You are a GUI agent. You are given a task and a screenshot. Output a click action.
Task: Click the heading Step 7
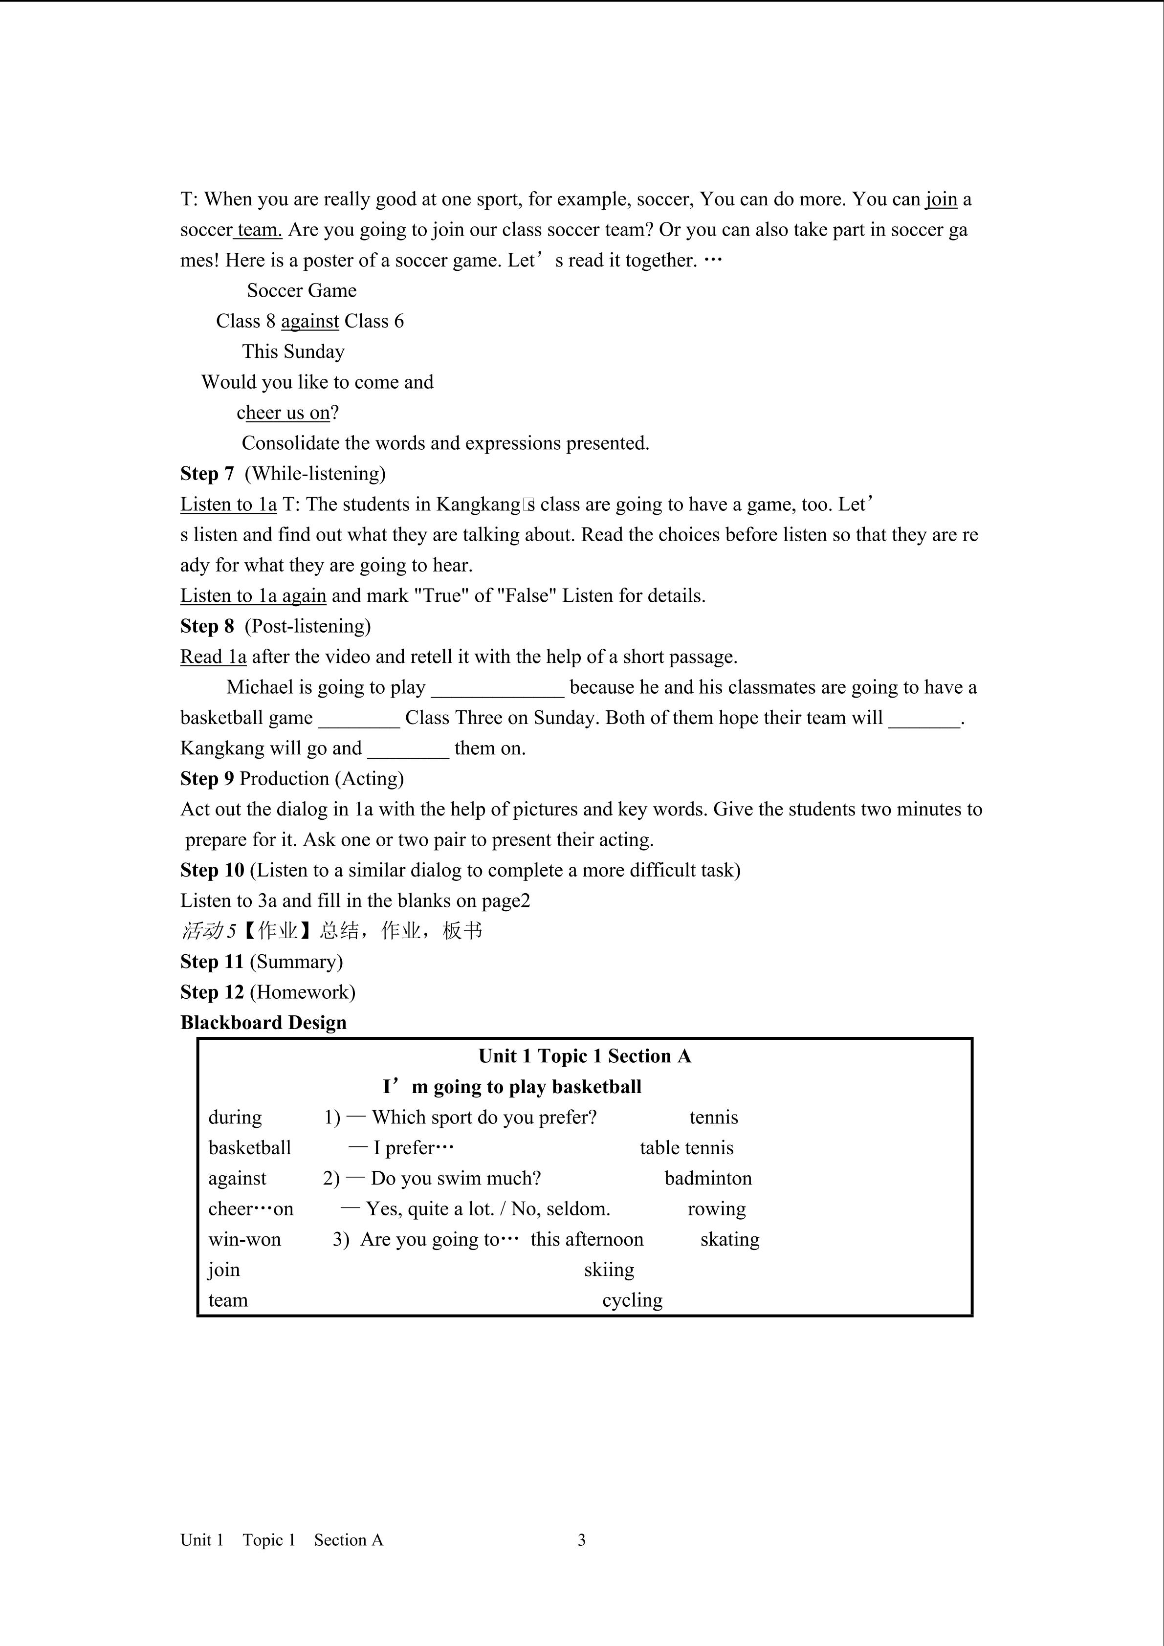[207, 473]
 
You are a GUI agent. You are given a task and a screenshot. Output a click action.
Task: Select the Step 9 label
[207, 779]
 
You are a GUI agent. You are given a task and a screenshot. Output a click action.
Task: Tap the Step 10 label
[212, 870]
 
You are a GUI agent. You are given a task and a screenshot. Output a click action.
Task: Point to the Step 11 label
[212, 962]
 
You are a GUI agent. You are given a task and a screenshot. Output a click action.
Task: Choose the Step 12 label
[212, 992]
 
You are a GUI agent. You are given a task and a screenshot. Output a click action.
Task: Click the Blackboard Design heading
[263, 1023]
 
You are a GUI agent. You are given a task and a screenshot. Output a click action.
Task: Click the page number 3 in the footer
[581, 1540]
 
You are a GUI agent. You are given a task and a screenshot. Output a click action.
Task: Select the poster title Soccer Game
[302, 290]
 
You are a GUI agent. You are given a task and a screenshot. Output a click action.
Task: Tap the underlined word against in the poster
[309, 321]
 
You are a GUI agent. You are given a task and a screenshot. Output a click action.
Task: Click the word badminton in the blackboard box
[708, 1179]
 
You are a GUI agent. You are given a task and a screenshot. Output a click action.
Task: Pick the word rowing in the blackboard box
[717, 1209]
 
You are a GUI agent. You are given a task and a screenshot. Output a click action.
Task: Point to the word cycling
[632, 1300]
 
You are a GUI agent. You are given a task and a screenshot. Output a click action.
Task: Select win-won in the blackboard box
[244, 1240]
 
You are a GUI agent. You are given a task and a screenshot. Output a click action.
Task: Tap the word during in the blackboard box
[235, 1118]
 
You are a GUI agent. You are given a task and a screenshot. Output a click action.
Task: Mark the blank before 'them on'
[408, 749]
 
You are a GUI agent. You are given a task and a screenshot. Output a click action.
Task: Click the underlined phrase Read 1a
[213, 657]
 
